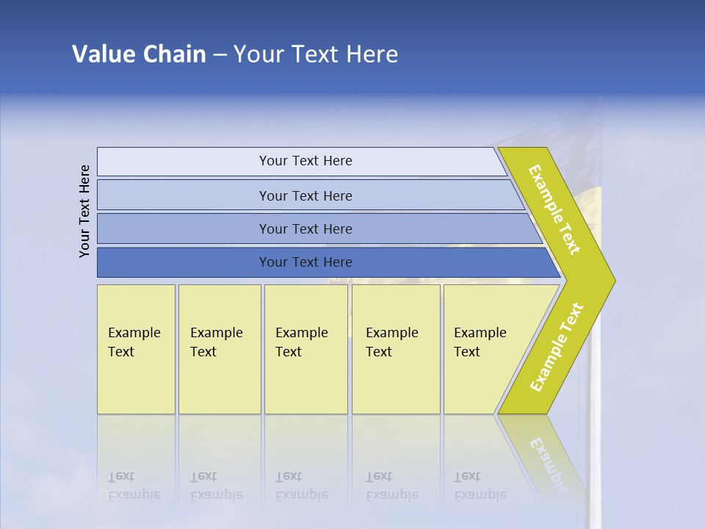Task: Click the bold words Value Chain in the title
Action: tap(139, 54)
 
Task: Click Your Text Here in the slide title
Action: tap(316, 54)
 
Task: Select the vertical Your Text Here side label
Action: tap(84, 211)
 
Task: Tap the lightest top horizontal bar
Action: tap(305, 161)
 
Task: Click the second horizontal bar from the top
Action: tap(305, 195)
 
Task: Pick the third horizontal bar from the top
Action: tap(305, 228)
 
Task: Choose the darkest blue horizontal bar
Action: tap(305, 262)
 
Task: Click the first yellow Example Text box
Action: tap(136, 349)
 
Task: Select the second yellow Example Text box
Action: tap(219, 349)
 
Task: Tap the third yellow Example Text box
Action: tap(305, 349)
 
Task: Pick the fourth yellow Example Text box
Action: tap(395, 349)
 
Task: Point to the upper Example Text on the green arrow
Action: tap(554, 209)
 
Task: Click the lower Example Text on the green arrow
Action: tap(557, 348)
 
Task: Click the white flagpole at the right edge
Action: tap(596, 441)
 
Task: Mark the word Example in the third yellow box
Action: tap(301, 333)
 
